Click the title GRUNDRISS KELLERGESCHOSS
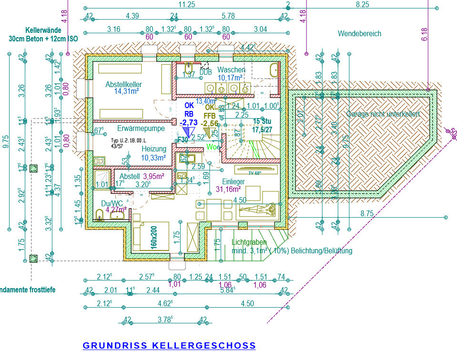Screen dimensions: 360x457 point(169,346)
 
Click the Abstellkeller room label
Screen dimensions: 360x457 point(124,85)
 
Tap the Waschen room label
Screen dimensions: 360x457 point(232,70)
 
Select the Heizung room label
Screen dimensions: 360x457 point(153,149)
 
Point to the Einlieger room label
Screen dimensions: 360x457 point(234,181)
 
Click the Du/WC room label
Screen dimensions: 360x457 point(109,203)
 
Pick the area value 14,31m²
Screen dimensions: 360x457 point(126,92)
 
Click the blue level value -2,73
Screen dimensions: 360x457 point(189,123)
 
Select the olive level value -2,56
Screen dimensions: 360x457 point(210,123)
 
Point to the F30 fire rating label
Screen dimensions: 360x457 point(182,140)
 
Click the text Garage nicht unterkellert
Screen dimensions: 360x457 point(383,115)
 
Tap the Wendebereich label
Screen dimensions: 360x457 point(359,34)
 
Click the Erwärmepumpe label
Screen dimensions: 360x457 point(141,129)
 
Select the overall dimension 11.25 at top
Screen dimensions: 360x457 point(186,4)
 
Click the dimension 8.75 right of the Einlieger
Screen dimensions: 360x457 point(366,214)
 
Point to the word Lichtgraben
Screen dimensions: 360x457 point(249,242)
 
